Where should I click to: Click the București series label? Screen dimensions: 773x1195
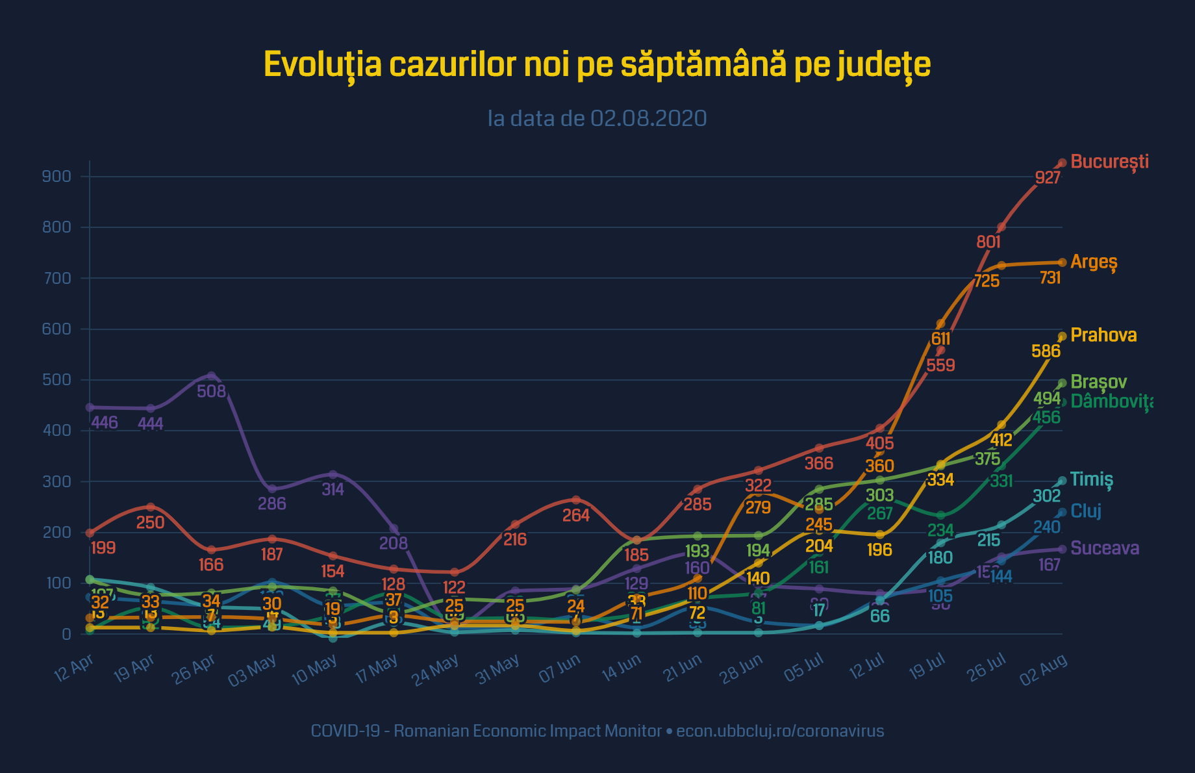click(x=1109, y=162)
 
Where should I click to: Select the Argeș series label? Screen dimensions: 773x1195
click(x=1094, y=262)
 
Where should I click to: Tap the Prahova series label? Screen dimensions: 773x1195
click(x=1103, y=335)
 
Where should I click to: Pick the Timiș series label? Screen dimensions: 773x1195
click(x=1091, y=480)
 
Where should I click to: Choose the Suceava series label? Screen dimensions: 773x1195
click(x=1105, y=548)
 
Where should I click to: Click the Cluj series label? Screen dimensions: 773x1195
click(x=1086, y=511)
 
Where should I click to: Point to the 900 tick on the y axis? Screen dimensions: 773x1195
click(x=57, y=177)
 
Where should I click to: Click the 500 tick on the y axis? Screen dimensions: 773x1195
click(x=57, y=380)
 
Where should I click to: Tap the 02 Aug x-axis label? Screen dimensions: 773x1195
click(x=1044, y=669)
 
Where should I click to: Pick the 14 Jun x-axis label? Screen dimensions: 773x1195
click(x=622, y=669)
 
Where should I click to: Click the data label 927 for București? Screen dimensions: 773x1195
click(x=1048, y=177)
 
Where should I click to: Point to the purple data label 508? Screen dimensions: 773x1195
click(x=212, y=391)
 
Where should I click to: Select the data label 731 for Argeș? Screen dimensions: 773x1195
click(x=1050, y=278)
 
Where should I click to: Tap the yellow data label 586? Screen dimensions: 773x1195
click(x=1046, y=351)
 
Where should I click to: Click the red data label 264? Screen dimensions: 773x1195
click(x=575, y=515)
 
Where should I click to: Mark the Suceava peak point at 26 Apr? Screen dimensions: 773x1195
click(x=211, y=376)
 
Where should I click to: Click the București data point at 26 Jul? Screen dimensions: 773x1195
click(x=1001, y=227)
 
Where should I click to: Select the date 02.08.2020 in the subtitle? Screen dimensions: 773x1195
click(x=648, y=119)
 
